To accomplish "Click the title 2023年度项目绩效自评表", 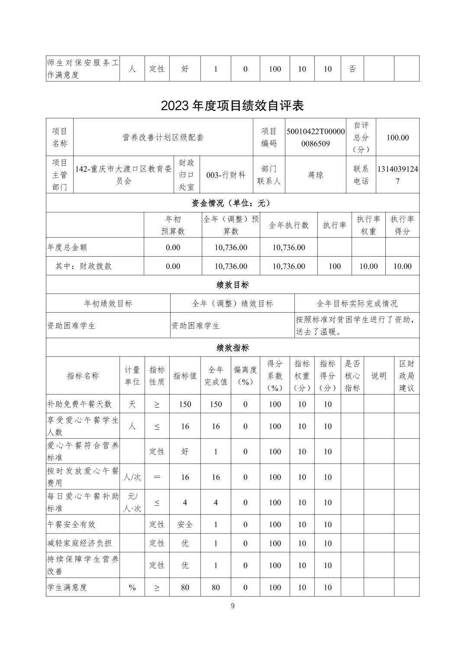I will [232, 105].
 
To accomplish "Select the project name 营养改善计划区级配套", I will [163, 137].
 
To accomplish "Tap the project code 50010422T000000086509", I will [316, 137].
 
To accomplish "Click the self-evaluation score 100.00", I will [397, 137].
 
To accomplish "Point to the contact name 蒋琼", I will [316, 175].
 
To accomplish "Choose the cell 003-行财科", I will [226, 175].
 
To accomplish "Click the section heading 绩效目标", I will [232, 285].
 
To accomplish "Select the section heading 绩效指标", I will [232, 348].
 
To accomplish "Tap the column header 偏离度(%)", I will [245, 376].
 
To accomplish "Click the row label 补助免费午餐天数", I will [80, 404].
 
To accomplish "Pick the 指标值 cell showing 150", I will [185, 404].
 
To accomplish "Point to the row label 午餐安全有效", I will [71, 525].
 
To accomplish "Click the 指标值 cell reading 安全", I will [185, 525].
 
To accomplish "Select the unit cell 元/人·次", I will [132, 502].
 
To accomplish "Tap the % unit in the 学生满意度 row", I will [132, 587].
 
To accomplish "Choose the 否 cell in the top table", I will [352, 69].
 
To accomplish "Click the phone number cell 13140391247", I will [397, 175].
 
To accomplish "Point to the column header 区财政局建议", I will [407, 376].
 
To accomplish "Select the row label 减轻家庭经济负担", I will [80, 543].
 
